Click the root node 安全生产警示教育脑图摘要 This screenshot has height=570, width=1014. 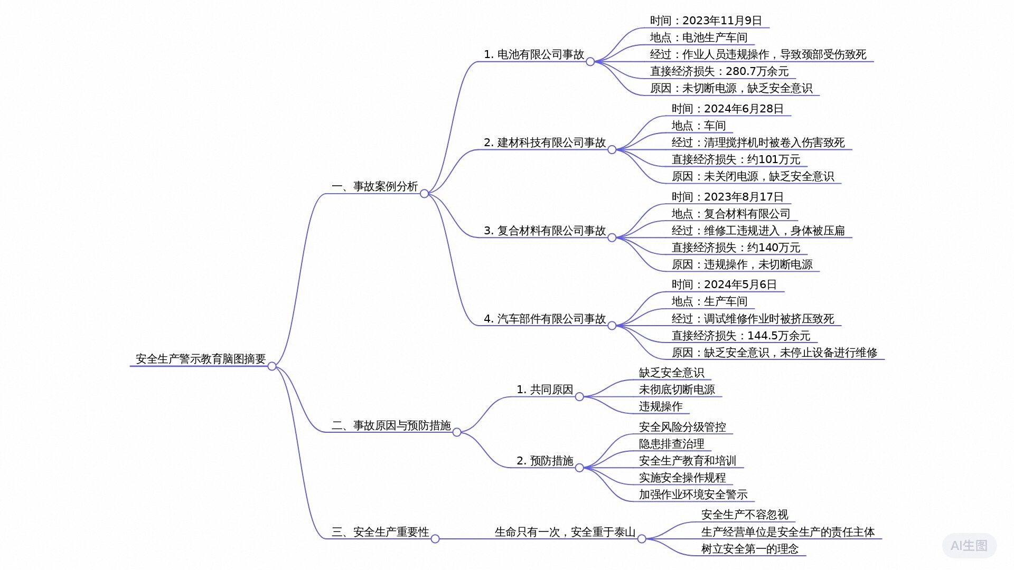coord(201,359)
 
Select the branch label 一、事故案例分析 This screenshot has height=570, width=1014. coord(375,186)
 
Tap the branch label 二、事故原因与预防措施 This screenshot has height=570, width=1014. coord(391,425)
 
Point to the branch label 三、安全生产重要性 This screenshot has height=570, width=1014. coord(380,532)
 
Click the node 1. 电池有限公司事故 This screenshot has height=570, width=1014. coord(534,54)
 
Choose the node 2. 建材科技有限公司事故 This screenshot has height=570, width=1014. coord(545,142)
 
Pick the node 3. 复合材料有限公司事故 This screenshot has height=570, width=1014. coord(545,231)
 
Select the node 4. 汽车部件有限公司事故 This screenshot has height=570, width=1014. coord(545,319)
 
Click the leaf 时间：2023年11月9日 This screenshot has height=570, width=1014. coord(706,21)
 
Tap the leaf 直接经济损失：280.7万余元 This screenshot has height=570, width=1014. coord(719,71)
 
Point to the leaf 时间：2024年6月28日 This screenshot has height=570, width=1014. coord(728,109)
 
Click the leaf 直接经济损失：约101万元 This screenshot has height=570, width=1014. coord(736,159)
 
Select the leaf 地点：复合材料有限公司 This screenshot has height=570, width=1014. coord(731,214)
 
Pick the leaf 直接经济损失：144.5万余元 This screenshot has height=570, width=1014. coord(741,336)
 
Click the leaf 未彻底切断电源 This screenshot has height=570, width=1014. coord(677,389)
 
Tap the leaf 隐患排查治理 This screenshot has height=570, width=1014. coord(672,444)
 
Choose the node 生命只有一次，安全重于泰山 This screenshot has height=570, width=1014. coord(565,532)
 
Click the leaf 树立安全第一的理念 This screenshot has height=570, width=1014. coord(750,549)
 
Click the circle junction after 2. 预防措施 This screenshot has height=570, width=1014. coord(579,468)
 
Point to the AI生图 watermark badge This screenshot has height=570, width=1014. coord(969,546)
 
